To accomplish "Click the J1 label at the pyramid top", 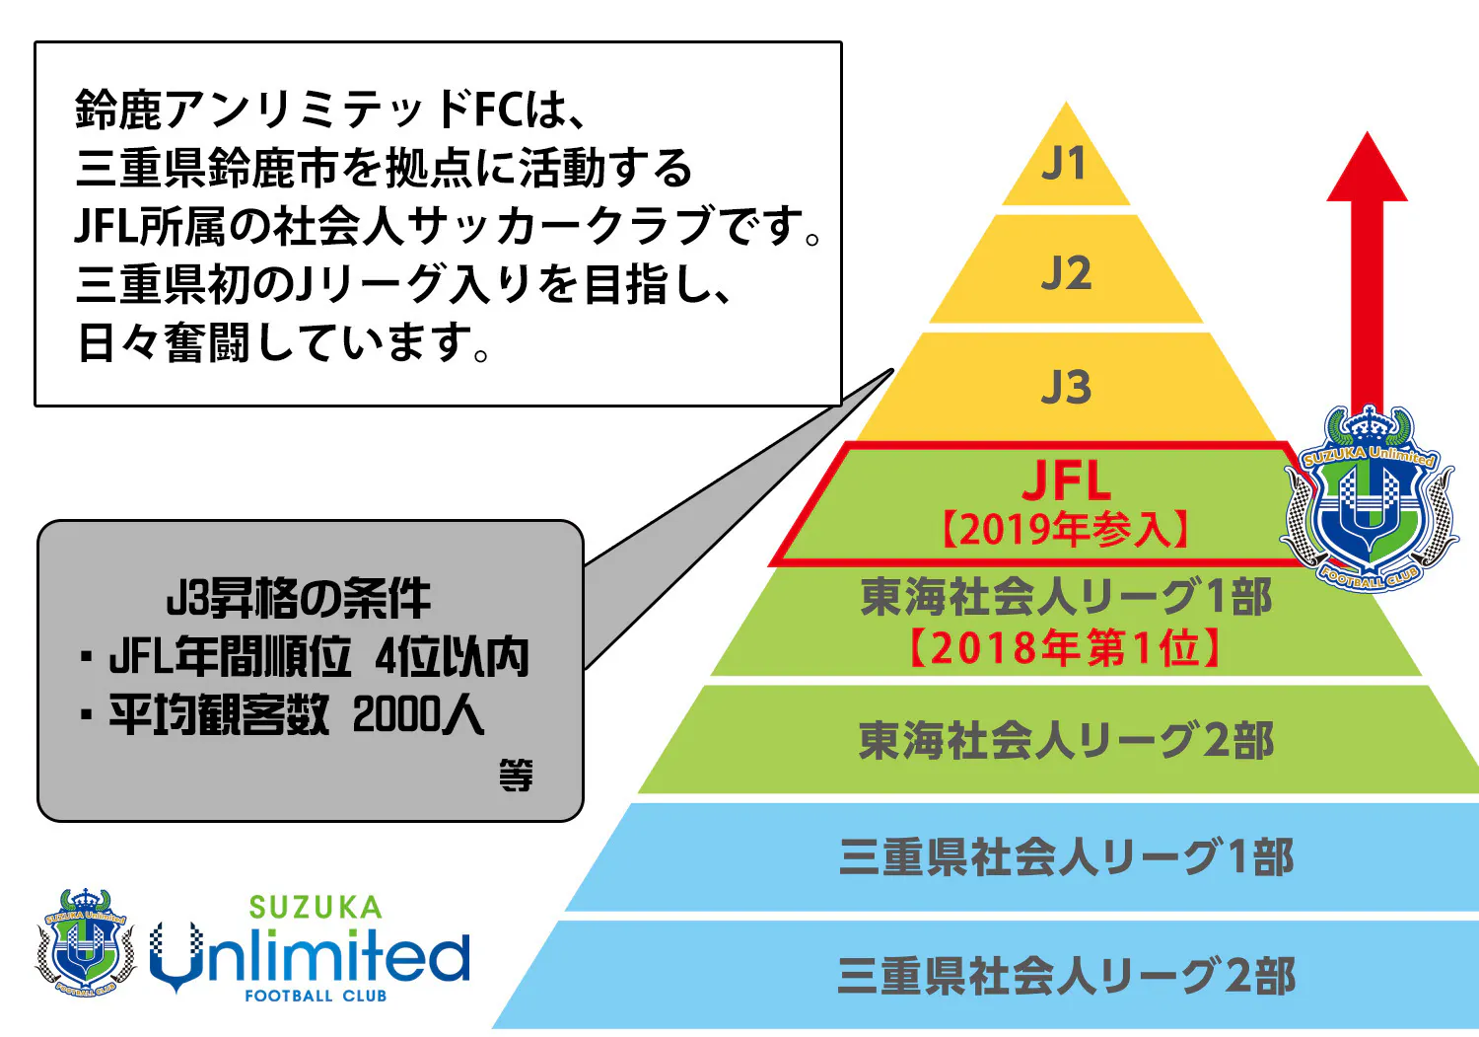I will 1065,164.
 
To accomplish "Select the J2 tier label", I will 1066,273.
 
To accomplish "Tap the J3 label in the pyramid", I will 1066,387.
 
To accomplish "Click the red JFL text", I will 1066,481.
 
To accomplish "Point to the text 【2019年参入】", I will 1066,531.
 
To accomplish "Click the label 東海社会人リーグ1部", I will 1066,597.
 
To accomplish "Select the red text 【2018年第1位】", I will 1066,648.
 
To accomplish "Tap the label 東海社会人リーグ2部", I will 1066,741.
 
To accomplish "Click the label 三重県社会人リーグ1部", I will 1066,857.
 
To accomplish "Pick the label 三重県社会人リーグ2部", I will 1066,976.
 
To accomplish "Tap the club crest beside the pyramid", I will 1368,498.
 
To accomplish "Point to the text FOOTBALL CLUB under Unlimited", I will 316,996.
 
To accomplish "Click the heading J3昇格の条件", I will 299,599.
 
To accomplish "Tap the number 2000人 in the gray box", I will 418,715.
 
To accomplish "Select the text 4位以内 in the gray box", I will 453,657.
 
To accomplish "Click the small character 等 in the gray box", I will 516,776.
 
